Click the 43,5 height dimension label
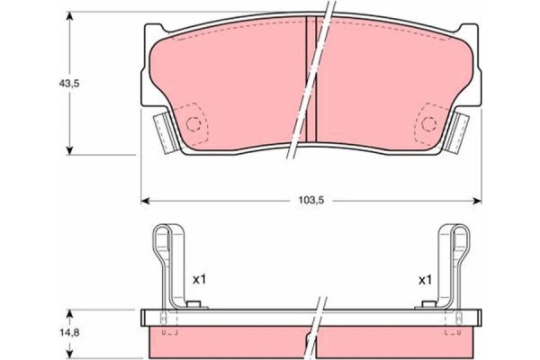click(x=69, y=84)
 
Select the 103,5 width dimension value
click(x=311, y=201)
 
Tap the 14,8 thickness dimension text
click(x=69, y=333)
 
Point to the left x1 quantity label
click(x=199, y=280)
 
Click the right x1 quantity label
click(x=425, y=280)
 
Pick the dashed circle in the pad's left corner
click(x=193, y=123)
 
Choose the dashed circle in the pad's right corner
click(x=429, y=123)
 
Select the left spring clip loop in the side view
click(x=161, y=241)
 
